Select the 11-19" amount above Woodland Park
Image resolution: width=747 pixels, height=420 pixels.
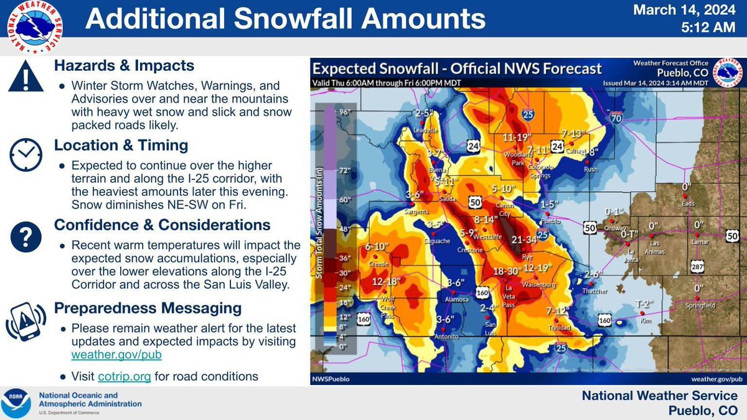pyautogui.click(x=515, y=138)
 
